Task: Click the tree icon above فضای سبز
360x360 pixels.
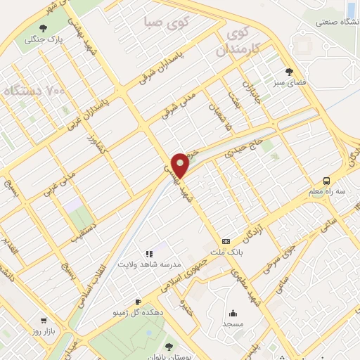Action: (289, 72)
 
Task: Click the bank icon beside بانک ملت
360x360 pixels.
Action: (226, 240)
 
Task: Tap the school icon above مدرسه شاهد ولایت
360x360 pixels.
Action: (149, 253)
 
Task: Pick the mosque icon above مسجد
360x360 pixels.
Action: (233, 314)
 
